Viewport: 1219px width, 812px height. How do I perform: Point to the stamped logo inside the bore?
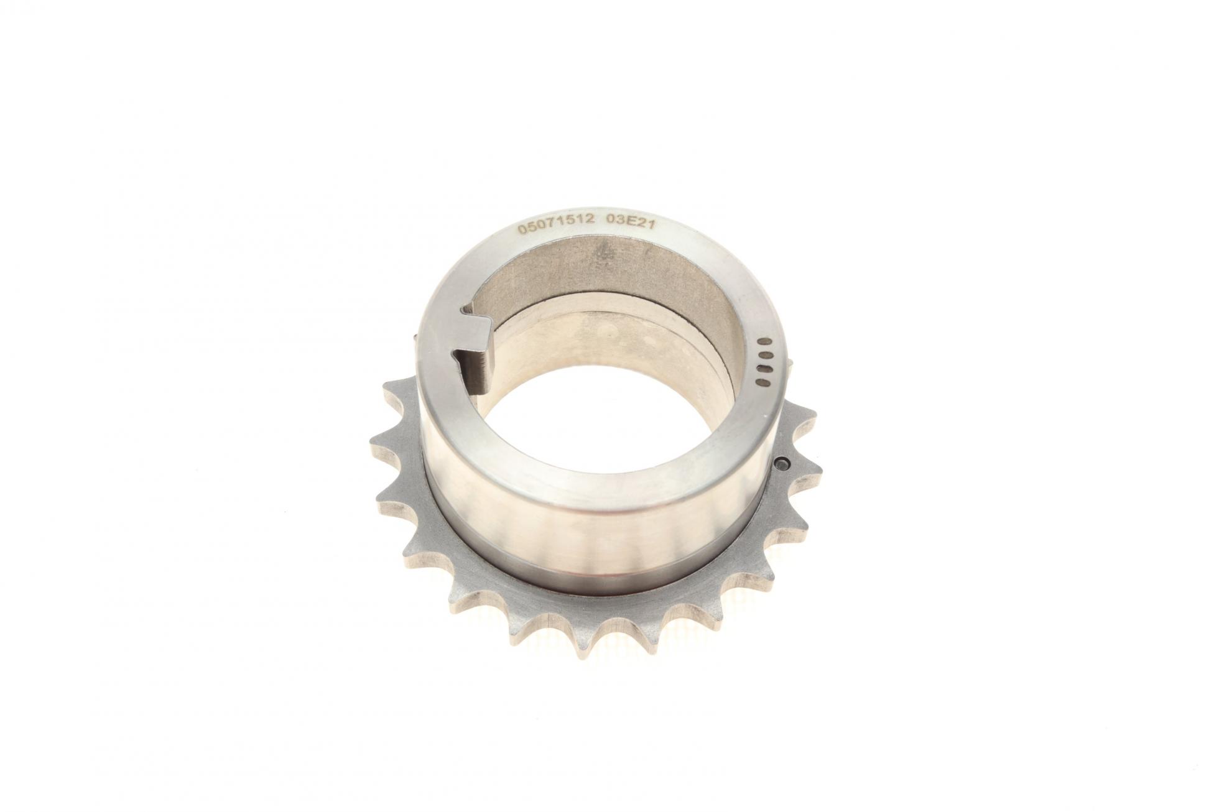click(x=604, y=255)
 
